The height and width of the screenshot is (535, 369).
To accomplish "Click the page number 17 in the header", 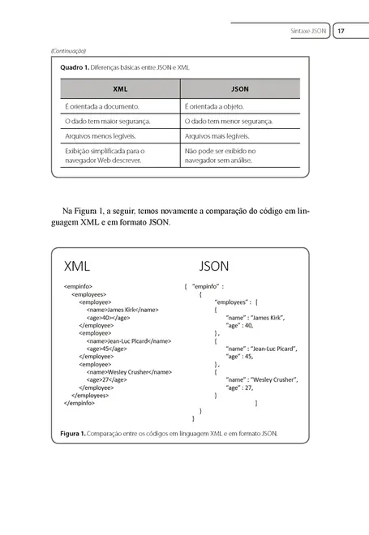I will [341, 31].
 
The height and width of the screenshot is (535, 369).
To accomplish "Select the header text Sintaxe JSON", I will [307, 31].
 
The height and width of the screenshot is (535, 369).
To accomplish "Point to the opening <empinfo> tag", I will [78, 286].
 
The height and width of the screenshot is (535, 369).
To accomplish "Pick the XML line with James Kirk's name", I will [122, 309].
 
